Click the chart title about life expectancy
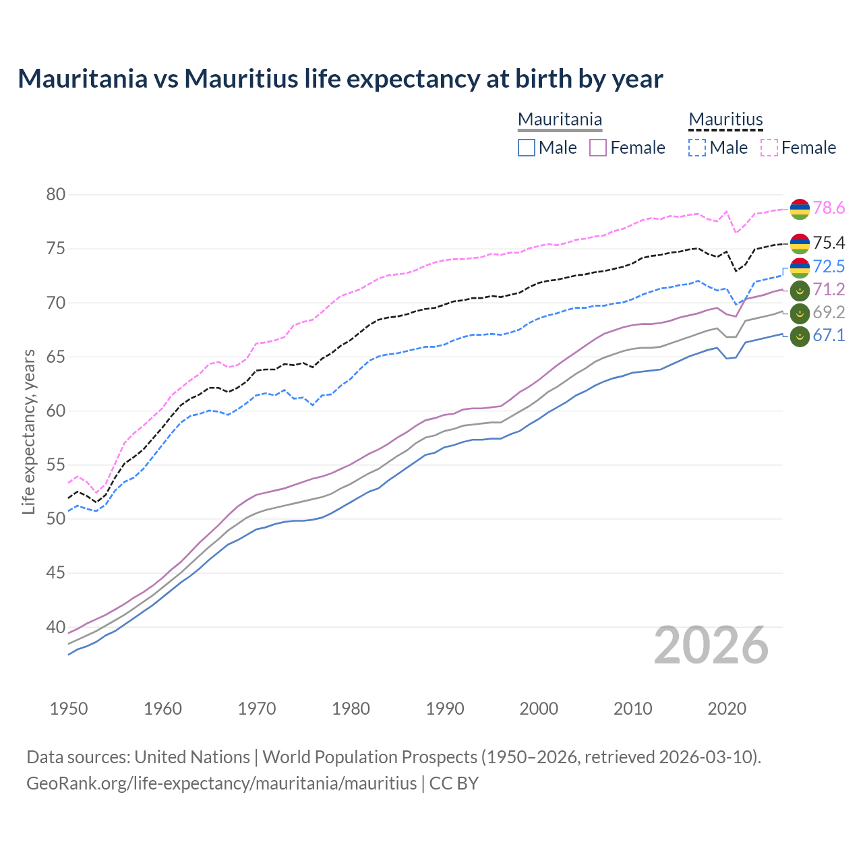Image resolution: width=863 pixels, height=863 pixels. point(340,79)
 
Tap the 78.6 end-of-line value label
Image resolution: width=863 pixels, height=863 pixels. point(829,208)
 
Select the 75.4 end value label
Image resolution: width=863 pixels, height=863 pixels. point(829,243)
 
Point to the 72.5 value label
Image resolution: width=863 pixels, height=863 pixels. point(829,266)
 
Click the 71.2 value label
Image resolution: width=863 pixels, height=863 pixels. point(829,290)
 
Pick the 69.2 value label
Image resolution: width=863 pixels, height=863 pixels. point(829,313)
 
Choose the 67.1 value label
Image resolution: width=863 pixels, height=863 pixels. point(829,336)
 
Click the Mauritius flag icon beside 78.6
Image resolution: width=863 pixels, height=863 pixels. point(800,209)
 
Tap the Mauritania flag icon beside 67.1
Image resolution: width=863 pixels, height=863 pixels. point(800,336)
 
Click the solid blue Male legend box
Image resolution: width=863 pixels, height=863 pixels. point(527,148)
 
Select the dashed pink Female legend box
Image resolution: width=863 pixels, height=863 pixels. point(769,148)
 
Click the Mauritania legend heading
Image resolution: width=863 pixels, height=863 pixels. point(560,119)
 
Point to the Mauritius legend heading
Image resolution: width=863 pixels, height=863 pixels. point(725,119)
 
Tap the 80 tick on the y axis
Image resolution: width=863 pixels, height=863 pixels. point(56,195)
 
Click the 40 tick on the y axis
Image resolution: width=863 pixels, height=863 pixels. point(56,627)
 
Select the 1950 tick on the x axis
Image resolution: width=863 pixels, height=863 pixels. point(69,709)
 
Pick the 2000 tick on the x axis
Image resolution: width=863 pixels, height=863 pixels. point(539,709)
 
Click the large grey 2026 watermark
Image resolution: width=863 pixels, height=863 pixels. point(711,645)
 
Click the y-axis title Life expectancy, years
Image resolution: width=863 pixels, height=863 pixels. point(29,431)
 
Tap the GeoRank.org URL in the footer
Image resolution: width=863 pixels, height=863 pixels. point(221,783)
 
